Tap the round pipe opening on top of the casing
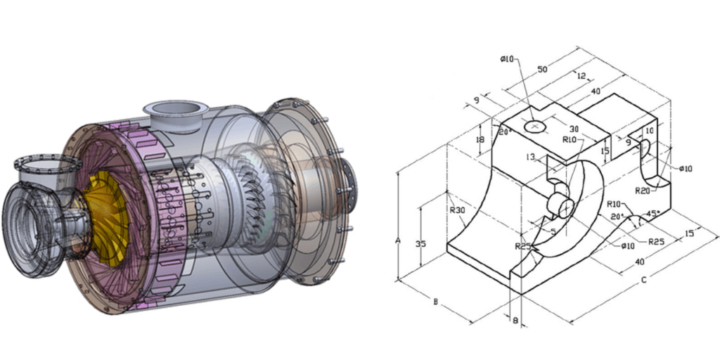174,108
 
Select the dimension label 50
542,70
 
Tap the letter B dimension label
436,302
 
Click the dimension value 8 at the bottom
515,321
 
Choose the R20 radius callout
642,191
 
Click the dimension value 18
480,140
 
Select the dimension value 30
574,129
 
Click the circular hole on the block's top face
537,126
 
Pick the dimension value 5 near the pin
553,231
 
